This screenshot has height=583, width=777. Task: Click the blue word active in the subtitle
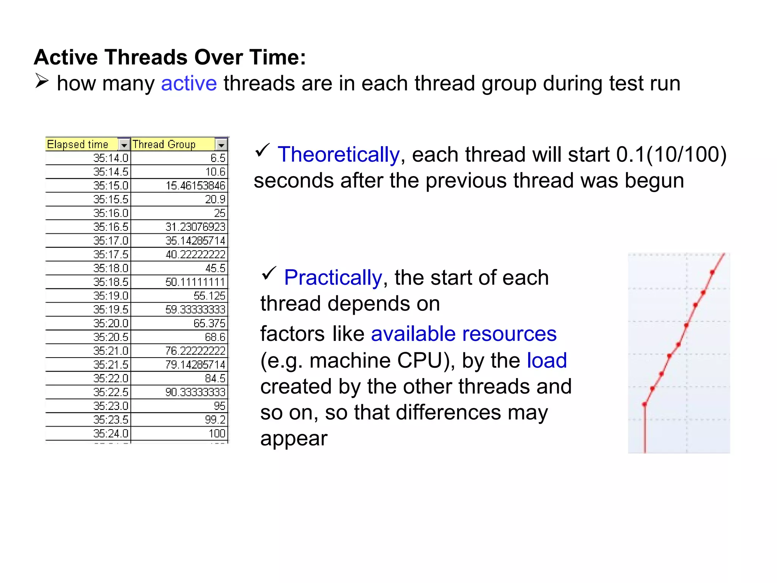pyautogui.click(x=189, y=84)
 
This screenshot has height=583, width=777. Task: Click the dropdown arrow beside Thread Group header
pyautogui.click(x=221, y=145)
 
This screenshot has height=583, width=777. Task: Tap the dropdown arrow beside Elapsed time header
pyautogui.click(x=124, y=145)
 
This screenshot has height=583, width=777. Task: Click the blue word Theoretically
pyautogui.click(x=338, y=154)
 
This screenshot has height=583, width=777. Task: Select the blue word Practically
pyautogui.click(x=333, y=277)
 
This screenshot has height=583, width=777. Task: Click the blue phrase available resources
pyautogui.click(x=463, y=334)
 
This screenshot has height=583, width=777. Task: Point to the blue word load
pyautogui.click(x=547, y=360)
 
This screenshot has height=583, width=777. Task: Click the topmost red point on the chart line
pyautogui.click(x=712, y=272)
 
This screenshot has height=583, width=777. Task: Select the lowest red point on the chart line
pyautogui.click(x=644, y=404)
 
